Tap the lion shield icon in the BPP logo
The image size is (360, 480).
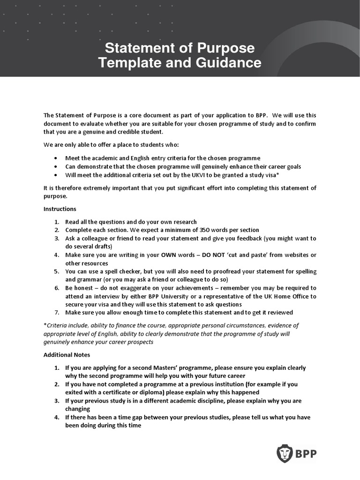click(x=284, y=454)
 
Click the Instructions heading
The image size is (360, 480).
click(x=60, y=209)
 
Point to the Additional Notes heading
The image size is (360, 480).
click(x=67, y=355)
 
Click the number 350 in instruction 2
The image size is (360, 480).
click(x=205, y=230)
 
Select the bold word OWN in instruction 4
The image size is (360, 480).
click(x=169, y=255)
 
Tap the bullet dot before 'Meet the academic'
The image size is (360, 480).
click(x=56, y=158)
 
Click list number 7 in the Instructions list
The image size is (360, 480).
click(x=56, y=313)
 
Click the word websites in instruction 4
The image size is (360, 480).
click(x=293, y=255)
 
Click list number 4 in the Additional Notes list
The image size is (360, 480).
click(x=56, y=417)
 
